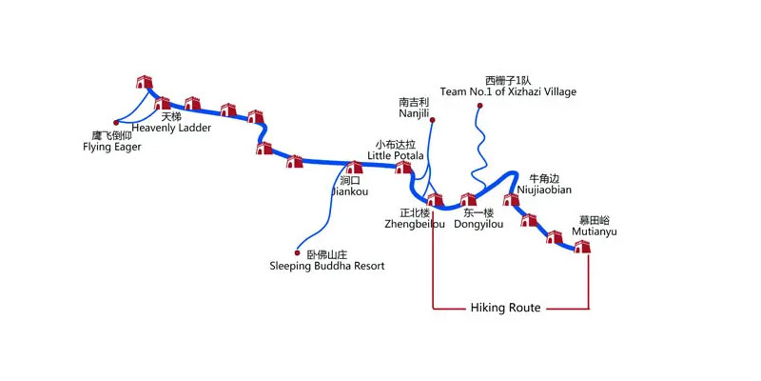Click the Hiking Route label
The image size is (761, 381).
click(x=505, y=308)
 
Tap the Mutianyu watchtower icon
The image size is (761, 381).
click(x=582, y=246)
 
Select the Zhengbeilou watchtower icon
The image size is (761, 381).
click(x=434, y=200)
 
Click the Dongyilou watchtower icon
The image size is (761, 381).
click(x=468, y=200)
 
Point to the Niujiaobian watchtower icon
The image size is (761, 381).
click(x=512, y=199)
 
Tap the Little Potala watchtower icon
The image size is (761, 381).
click(x=402, y=168)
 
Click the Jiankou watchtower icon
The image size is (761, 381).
click(x=353, y=168)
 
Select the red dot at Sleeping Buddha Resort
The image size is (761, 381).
click(x=298, y=253)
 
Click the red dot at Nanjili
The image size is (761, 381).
click(x=433, y=121)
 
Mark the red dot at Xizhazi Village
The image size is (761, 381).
click(x=479, y=105)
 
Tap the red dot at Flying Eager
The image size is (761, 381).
click(x=115, y=122)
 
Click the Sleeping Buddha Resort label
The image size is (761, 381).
click(x=327, y=267)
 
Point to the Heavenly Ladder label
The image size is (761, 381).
click(x=171, y=128)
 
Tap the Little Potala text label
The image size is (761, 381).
click(x=396, y=155)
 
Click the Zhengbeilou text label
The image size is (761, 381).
click(x=421, y=225)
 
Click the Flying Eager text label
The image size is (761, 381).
click(x=111, y=147)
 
